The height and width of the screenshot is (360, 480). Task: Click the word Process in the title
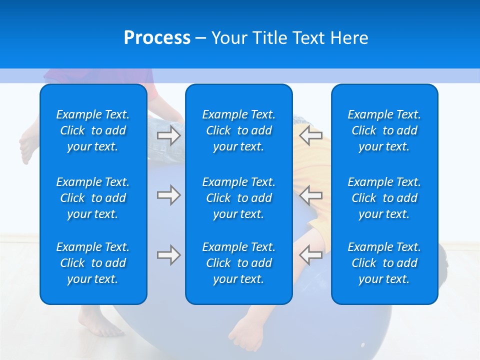(157, 38)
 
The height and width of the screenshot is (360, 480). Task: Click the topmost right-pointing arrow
(168, 135)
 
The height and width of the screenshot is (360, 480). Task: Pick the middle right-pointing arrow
(168, 195)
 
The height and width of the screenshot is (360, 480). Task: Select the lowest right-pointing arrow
(168, 255)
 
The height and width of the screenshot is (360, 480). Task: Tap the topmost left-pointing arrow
(310, 135)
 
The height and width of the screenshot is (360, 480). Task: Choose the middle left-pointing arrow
(310, 195)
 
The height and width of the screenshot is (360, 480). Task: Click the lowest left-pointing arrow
(310, 255)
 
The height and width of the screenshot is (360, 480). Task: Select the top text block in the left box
(93, 130)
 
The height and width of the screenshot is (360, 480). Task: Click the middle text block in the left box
(93, 198)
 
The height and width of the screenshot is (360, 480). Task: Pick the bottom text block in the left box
(93, 263)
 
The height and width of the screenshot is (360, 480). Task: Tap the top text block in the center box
(239, 130)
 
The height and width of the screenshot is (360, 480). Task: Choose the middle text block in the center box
(239, 198)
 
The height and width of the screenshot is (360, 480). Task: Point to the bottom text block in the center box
(239, 263)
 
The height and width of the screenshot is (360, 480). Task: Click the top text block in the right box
(384, 130)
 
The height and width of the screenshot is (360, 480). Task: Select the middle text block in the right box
(384, 198)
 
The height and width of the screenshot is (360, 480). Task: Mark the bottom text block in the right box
(384, 263)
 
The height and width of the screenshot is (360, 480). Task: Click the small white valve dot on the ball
(363, 345)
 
